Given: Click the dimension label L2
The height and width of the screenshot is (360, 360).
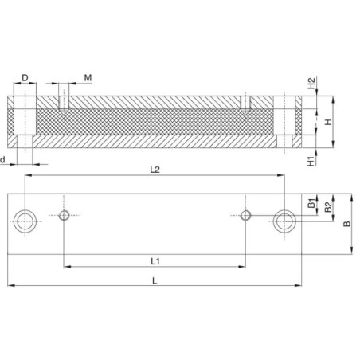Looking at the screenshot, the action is pyautogui.click(x=155, y=170).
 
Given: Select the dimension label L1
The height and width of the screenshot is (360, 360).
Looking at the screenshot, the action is pyautogui.click(x=155, y=261).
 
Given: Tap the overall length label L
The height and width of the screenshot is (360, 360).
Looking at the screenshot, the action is pyautogui.click(x=155, y=280).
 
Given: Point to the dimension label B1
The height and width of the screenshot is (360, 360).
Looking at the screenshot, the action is pyautogui.click(x=311, y=203).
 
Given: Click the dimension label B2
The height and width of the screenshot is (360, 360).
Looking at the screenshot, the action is pyautogui.click(x=328, y=207).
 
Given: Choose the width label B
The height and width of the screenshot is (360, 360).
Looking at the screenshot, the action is pyautogui.click(x=347, y=224).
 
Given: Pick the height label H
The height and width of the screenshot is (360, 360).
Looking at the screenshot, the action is pyautogui.click(x=329, y=122).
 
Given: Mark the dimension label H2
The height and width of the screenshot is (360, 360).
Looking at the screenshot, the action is pyautogui.click(x=311, y=83).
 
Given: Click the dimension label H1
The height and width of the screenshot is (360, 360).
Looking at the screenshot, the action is pyautogui.click(x=311, y=161).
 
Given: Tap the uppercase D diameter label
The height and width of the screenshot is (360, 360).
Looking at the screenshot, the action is pyautogui.click(x=25, y=78).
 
